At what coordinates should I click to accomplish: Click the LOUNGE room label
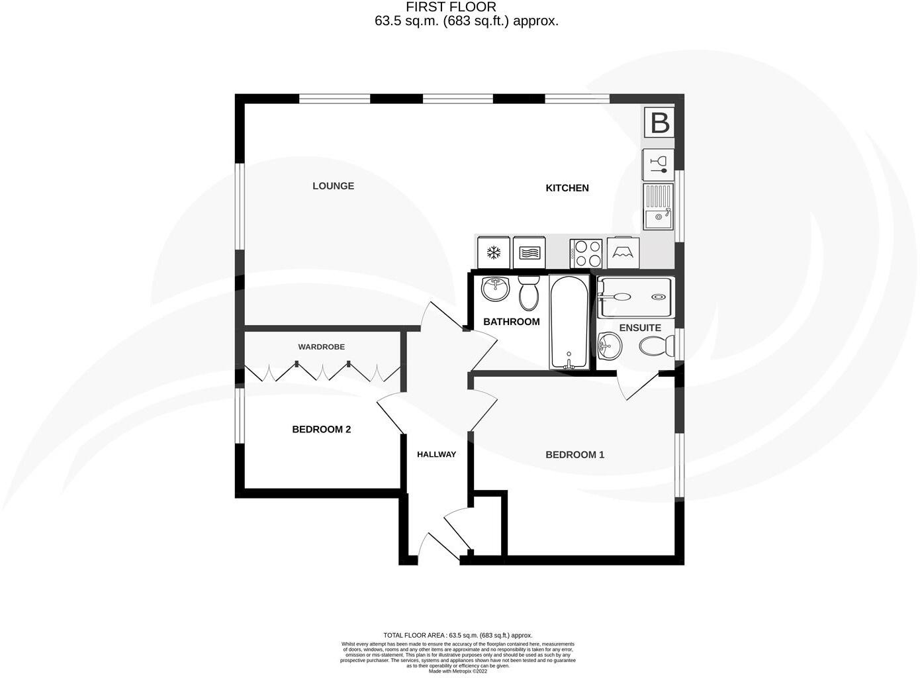333,186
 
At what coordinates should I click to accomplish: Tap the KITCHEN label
567,188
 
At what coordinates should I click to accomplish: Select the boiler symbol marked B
659,123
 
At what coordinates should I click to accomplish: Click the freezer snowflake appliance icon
493,252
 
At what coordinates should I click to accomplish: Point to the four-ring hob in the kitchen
586,253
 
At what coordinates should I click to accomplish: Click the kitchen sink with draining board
658,207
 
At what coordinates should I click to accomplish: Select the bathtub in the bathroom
569,322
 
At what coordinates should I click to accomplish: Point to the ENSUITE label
640,328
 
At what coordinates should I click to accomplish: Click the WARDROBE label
321,347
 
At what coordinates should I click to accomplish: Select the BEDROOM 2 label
321,430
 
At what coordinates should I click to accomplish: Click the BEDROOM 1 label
575,455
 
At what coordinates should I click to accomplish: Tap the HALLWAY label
436,454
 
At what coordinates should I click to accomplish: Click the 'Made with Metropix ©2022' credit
458,671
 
